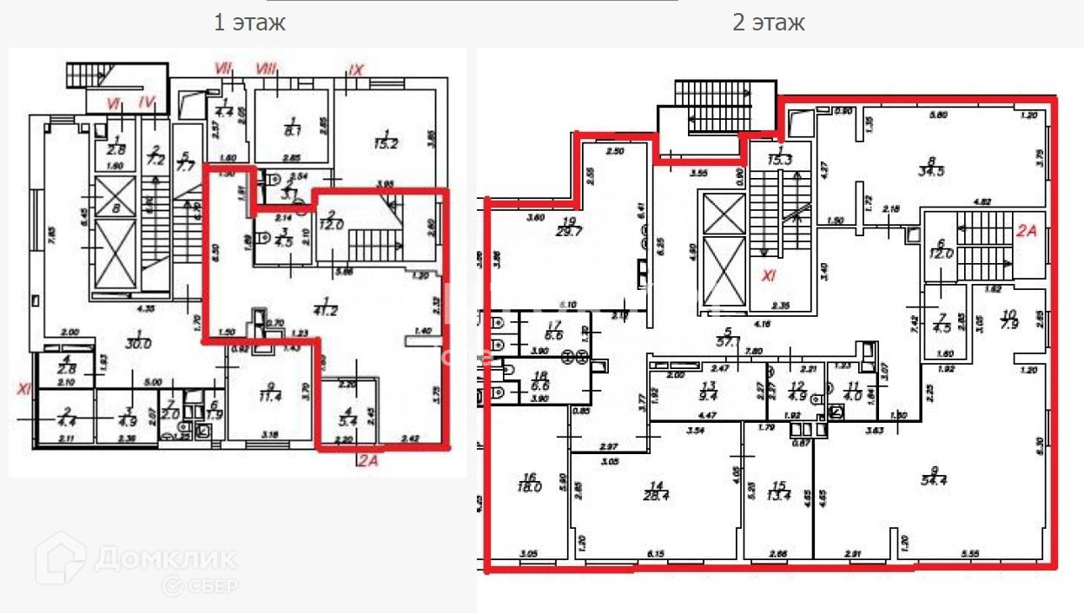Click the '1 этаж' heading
[x=249, y=23]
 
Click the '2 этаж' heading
[x=769, y=23]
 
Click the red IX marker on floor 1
[x=354, y=69]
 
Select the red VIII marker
[x=267, y=68]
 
